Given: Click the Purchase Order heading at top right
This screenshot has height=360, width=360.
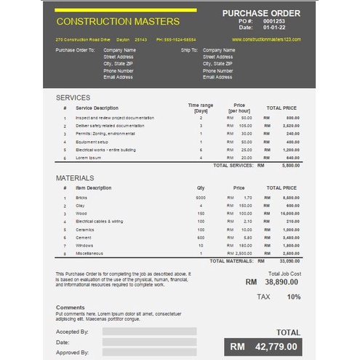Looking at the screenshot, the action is tap(261, 13).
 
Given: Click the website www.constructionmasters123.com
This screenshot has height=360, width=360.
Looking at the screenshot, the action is tap(267, 39).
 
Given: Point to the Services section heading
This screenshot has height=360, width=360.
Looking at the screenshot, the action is tap(73, 97).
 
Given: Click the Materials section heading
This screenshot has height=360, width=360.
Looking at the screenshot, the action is tap(75, 177).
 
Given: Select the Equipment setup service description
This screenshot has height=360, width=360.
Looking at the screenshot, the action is tap(92, 142).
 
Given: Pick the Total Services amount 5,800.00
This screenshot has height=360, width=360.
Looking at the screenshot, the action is tap(290, 165).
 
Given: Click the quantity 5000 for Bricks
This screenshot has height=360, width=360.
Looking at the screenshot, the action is tap(201, 197).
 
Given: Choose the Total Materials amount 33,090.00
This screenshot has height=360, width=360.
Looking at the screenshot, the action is tap(289, 260).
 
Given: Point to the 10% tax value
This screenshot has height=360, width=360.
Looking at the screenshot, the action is tap(294, 297).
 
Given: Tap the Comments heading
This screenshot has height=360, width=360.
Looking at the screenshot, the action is tap(71, 308).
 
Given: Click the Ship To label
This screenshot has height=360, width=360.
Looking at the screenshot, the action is tap(189, 50).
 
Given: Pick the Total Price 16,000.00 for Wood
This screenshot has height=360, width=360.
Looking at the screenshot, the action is tap(289, 213).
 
